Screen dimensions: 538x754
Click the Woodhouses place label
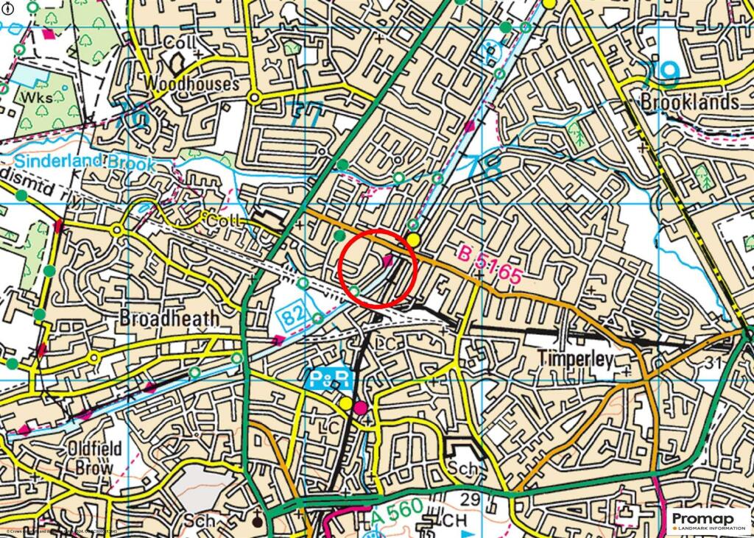pos(192,83)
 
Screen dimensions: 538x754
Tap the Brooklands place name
pos(689,101)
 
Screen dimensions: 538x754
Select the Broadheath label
pos(169,319)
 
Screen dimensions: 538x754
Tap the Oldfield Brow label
pos(90,457)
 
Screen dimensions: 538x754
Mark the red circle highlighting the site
pos(380,268)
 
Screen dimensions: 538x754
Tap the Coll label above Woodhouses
pos(180,43)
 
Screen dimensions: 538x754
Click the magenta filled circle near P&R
pos(360,408)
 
